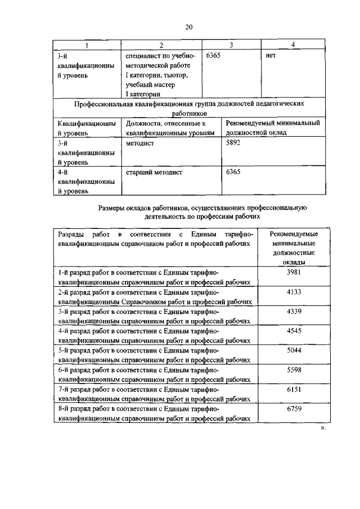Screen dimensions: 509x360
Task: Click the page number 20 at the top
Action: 188,26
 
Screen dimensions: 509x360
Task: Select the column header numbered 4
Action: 293,46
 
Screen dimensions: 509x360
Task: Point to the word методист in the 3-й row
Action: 140,143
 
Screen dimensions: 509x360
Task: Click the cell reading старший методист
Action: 155,173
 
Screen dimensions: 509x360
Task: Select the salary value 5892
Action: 233,143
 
